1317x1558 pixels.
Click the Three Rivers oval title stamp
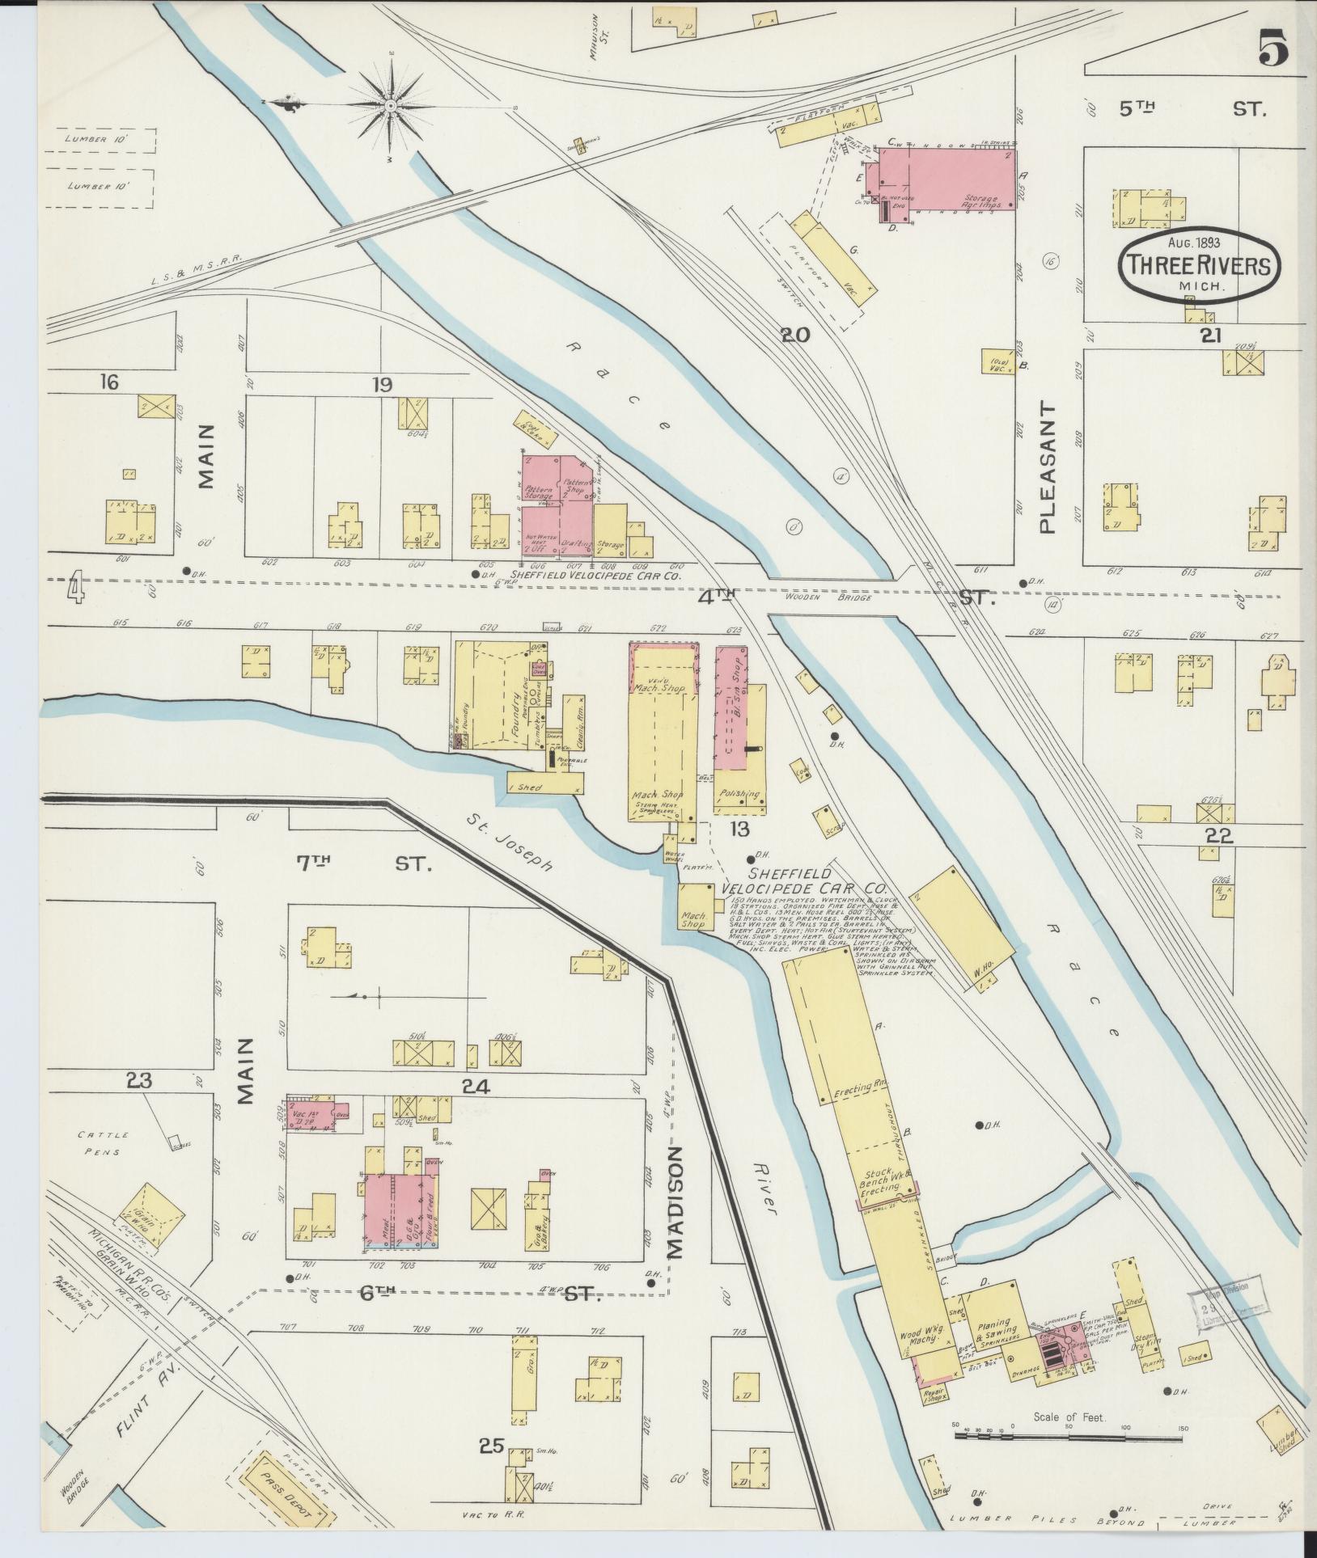click(x=1200, y=264)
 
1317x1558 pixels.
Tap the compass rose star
click(x=391, y=105)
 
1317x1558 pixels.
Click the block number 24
click(x=475, y=1087)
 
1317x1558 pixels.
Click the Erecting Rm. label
click(x=860, y=1091)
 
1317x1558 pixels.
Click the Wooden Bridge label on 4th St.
click(x=842, y=597)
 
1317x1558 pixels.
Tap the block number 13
click(x=739, y=828)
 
